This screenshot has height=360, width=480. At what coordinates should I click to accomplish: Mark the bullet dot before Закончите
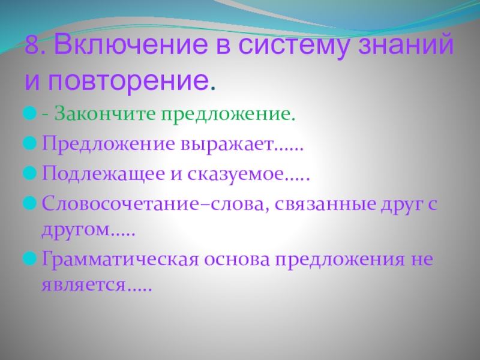point(29,113)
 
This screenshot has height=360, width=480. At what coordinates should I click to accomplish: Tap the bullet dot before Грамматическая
point(29,261)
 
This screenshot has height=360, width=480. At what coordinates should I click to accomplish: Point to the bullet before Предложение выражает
point(29,144)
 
